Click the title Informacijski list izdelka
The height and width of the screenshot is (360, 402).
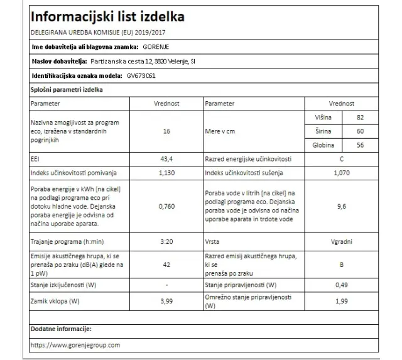tap(107, 16)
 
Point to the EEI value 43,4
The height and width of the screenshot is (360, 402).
tap(166, 160)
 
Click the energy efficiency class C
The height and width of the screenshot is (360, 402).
tap(341, 160)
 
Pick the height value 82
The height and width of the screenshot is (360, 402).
tap(359, 117)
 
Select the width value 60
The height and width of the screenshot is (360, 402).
tap(359, 131)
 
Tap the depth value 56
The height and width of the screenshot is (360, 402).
tap(359, 146)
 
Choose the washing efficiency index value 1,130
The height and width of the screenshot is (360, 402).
tap(166, 173)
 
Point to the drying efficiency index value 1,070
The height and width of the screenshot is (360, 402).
tap(341, 173)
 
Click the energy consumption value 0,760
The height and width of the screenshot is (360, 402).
tap(166, 206)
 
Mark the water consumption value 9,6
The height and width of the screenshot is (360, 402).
tap(341, 206)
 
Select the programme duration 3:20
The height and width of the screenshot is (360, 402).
tap(166, 241)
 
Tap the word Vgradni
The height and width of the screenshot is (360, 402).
tap(341, 241)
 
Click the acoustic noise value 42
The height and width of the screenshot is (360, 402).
tap(166, 265)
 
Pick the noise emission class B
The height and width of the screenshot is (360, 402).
tap(341, 265)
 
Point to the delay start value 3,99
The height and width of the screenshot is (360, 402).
tap(166, 301)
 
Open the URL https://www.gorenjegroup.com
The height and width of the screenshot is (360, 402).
tap(75, 345)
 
